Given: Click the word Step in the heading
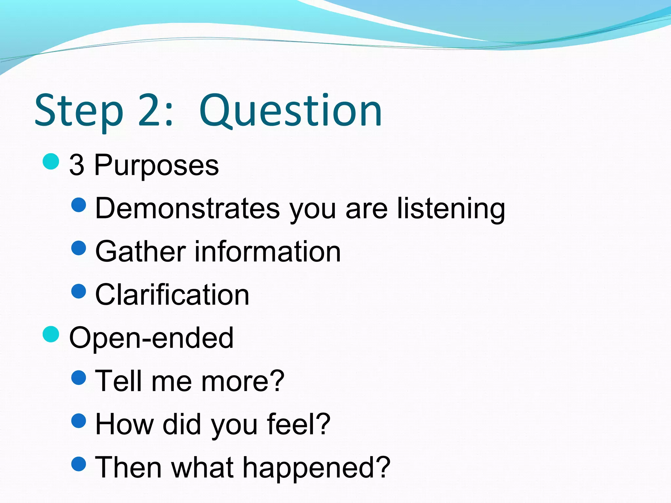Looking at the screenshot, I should [x=79, y=111].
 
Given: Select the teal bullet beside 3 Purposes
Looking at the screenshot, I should [x=51, y=161].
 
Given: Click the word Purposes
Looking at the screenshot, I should [x=157, y=165].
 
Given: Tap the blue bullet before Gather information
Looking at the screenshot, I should [x=79, y=248].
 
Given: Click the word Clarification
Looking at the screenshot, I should [x=172, y=295].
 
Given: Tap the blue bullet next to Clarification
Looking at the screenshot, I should [x=79, y=291].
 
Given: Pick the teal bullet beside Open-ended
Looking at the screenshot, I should [x=51, y=334].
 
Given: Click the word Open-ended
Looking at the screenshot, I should [x=151, y=338].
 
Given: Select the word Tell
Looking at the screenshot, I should [x=119, y=381].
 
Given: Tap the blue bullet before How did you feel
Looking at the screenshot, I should [x=79, y=421].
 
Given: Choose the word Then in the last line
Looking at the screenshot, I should [x=128, y=467].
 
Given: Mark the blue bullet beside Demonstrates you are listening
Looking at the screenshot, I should [x=79, y=205].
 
